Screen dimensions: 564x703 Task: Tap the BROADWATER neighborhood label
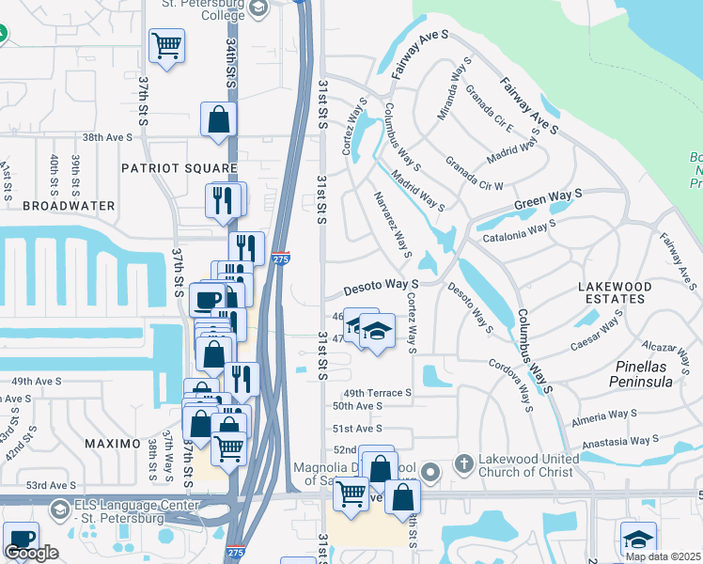69,205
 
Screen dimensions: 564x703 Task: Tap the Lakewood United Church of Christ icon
463,463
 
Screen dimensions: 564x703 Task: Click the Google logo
31,553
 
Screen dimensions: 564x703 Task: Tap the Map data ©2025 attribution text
662,556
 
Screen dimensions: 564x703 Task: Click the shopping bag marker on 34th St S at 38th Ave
218,119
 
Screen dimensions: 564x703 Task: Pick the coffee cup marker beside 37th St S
208,299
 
